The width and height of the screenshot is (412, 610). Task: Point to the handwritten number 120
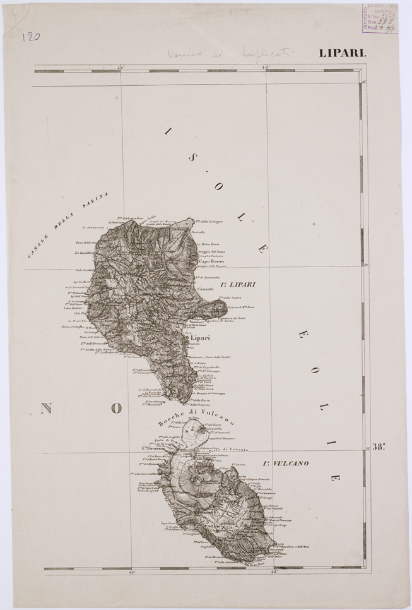click(x=31, y=37)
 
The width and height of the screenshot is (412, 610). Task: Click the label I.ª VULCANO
click(x=285, y=464)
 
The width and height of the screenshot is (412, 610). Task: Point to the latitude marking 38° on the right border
click(x=379, y=448)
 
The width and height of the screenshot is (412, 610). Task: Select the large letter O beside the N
click(x=116, y=409)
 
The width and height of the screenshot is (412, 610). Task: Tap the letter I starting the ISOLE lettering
click(x=168, y=132)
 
